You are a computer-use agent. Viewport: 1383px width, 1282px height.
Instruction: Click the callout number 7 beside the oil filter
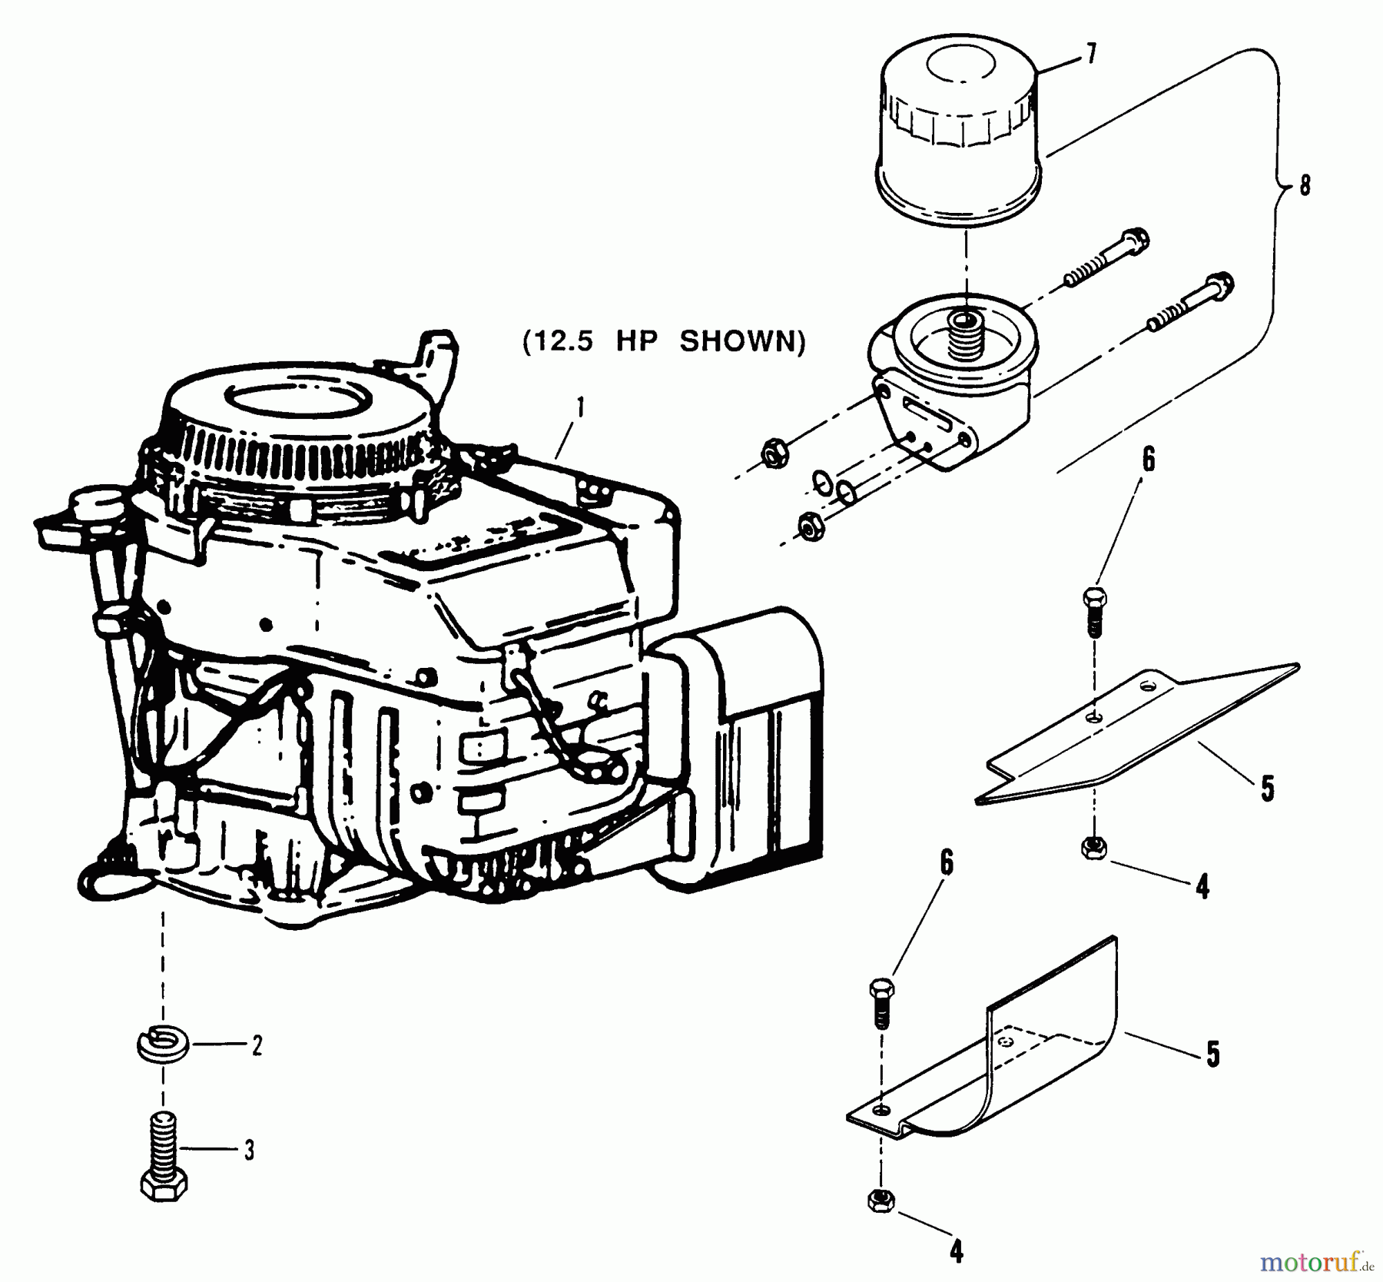[x=1090, y=55]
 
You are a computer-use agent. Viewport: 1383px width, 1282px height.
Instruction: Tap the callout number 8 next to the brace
[x=1304, y=185]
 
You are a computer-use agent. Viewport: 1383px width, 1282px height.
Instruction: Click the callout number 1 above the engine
[x=580, y=407]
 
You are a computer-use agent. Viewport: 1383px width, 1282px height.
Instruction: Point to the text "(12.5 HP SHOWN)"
[x=664, y=340]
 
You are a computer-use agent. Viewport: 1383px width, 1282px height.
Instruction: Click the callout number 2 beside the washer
[x=256, y=1045]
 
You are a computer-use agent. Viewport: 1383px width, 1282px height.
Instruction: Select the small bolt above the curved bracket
[x=881, y=1002]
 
